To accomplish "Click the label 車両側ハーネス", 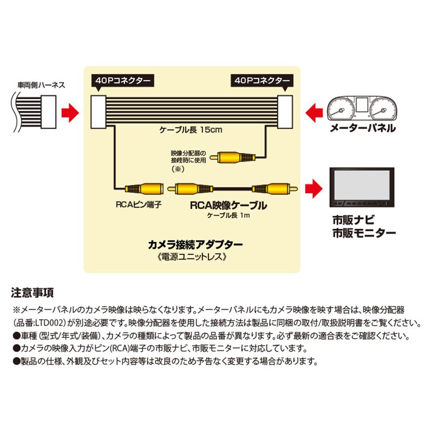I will tap(41, 86).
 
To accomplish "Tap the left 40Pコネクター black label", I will tap(121, 80).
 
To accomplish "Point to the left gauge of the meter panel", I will tap(341, 108).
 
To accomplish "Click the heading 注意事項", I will tap(32, 294).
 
